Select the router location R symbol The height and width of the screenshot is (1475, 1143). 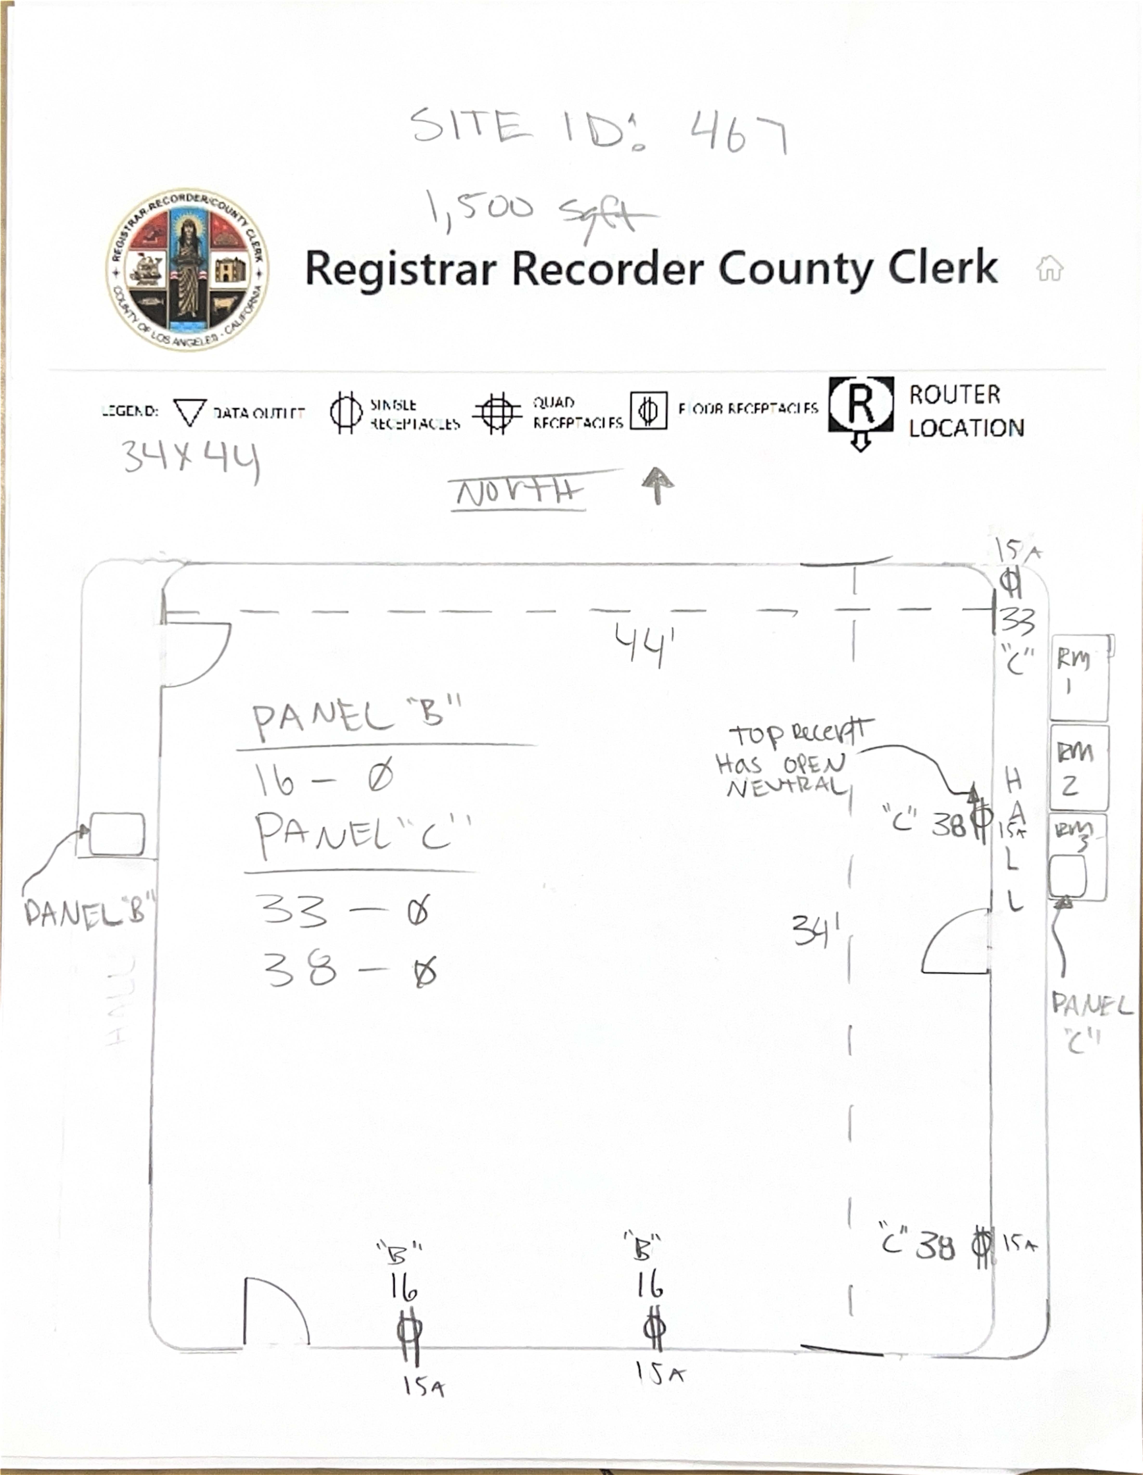(861, 405)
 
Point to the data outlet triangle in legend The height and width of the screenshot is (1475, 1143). (190, 411)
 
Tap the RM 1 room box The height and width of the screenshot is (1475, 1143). (1079, 677)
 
